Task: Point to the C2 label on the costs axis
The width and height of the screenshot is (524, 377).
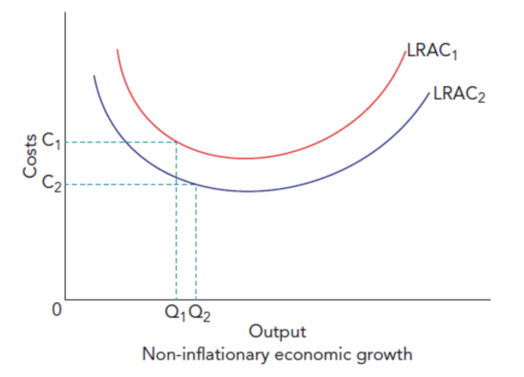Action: coord(52,184)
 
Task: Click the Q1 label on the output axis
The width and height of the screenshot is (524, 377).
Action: coord(172,310)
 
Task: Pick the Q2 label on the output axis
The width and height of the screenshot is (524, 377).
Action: coord(199,310)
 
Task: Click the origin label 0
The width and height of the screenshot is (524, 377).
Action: coord(56,310)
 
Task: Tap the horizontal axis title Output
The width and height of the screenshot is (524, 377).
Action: coord(277,331)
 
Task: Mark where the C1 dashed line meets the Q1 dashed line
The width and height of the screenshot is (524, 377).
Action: coord(176,141)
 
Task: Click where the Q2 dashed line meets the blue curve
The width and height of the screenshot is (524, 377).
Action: coord(195,184)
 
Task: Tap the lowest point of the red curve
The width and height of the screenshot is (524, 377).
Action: coord(247,159)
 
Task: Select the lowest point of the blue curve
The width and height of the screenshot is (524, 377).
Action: coord(249,191)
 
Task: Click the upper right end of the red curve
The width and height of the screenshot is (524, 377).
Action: coord(405,53)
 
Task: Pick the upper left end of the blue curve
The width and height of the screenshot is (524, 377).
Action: coord(94,76)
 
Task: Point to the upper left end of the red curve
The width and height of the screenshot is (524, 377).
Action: coord(117,50)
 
